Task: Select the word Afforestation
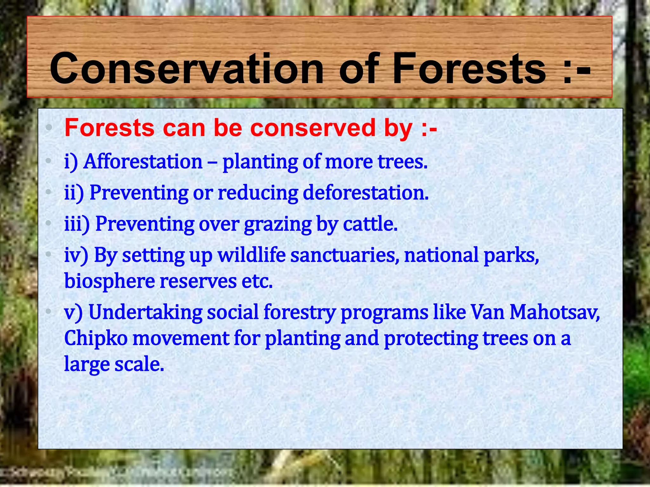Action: (x=143, y=161)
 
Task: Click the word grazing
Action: (x=278, y=224)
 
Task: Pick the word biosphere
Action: (x=109, y=281)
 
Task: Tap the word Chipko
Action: (x=96, y=338)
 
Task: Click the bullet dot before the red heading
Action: (x=48, y=128)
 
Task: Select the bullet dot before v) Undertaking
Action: (x=48, y=312)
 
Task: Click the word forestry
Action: (x=299, y=312)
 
